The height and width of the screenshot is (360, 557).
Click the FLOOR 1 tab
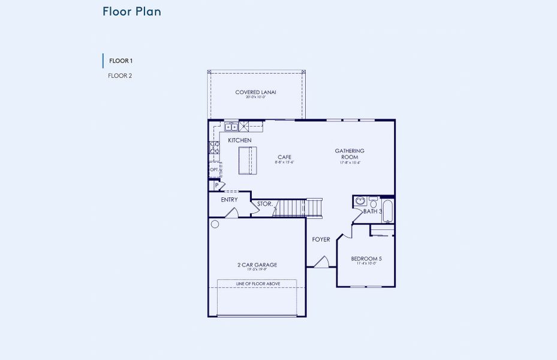click(x=121, y=61)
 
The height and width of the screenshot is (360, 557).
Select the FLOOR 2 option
click(x=120, y=76)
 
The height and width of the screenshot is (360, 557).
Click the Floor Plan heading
click(x=131, y=11)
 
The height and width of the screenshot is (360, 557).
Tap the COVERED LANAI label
click(x=255, y=92)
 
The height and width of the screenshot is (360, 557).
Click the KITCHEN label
click(x=239, y=140)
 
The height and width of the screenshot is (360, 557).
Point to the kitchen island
click(x=247, y=160)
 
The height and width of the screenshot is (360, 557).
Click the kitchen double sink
click(x=231, y=127)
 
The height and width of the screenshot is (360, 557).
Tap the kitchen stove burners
click(x=213, y=148)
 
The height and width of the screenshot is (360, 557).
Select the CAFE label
click(x=284, y=157)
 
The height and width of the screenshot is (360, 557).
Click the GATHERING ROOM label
click(x=350, y=154)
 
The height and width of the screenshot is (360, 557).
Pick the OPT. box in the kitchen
click(x=214, y=170)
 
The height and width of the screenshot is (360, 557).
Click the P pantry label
click(x=216, y=185)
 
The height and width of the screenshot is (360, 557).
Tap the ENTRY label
click(x=229, y=200)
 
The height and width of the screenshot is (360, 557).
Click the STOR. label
click(x=264, y=204)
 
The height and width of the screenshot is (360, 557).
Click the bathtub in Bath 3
click(x=388, y=211)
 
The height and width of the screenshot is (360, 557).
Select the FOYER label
click(x=321, y=239)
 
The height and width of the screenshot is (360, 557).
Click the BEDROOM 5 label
click(x=366, y=259)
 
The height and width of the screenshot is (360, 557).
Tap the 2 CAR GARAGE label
click(x=257, y=265)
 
